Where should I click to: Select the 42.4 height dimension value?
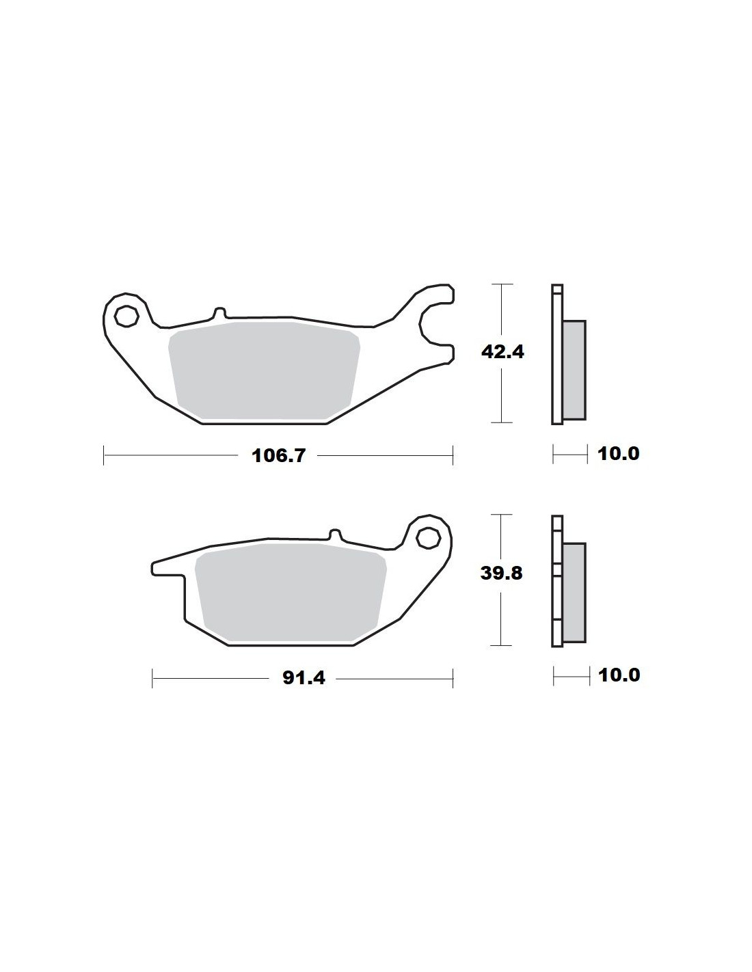pyautogui.click(x=502, y=352)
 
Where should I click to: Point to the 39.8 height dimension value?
pyautogui.click(x=501, y=573)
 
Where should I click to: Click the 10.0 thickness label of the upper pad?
pyautogui.click(x=619, y=454)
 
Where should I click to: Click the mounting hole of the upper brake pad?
pyautogui.click(x=126, y=316)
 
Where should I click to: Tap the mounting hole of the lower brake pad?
pyautogui.click(x=427, y=538)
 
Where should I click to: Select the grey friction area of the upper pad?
pyautogui.click(x=264, y=370)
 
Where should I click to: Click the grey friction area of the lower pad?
pyautogui.click(x=291, y=592)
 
